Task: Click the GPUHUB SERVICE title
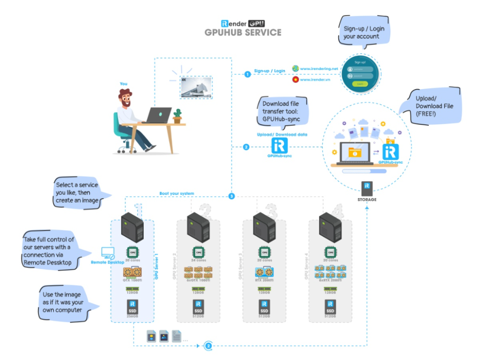click(243, 32)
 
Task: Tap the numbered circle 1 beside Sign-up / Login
click(248, 74)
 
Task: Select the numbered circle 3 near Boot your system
click(231, 196)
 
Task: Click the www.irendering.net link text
click(319, 69)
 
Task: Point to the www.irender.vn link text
click(315, 79)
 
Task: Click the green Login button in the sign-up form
click(359, 84)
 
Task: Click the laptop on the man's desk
click(157, 115)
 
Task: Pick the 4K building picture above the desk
click(196, 87)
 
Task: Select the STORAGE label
click(367, 199)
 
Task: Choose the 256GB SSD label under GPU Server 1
click(132, 317)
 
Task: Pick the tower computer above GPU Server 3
click(264, 227)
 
